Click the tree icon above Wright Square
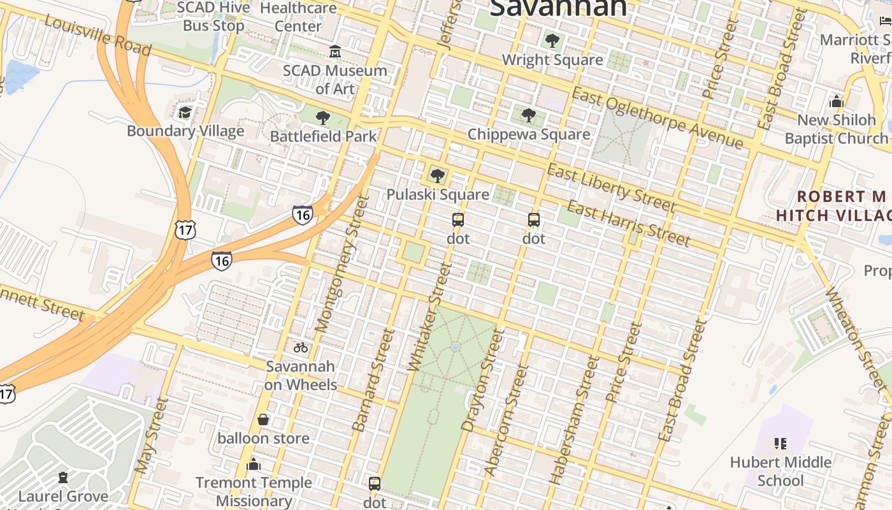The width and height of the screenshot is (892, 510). (552, 41)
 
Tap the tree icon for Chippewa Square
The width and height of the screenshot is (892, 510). (528, 115)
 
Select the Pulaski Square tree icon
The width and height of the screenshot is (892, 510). (437, 176)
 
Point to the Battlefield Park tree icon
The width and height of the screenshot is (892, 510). (323, 118)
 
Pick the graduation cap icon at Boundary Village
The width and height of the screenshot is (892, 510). (185, 113)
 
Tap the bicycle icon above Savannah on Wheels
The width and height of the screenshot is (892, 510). (301, 348)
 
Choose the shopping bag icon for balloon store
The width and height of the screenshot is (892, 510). (263, 419)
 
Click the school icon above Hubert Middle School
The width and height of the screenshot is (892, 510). (780, 443)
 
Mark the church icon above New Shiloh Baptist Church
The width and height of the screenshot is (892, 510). (837, 101)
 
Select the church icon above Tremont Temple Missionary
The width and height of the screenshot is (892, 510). (254, 463)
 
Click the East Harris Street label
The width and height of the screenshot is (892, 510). (628, 223)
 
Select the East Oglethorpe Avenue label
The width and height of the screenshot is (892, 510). (657, 119)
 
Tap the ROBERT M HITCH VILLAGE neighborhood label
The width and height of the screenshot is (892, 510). (834, 205)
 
